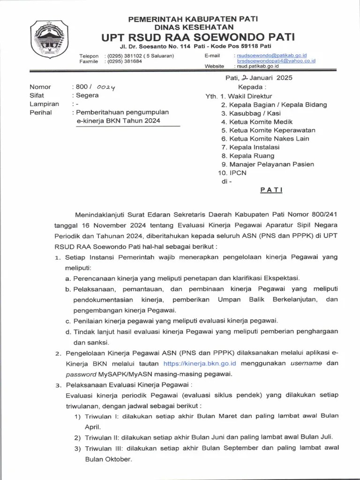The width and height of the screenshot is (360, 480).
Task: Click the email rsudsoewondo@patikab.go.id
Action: pyautogui.click(x=272, y=55)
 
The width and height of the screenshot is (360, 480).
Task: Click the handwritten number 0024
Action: pyautogui.click(x=106, y=87)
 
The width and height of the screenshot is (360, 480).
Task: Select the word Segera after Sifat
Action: pyautogui.click(x=88, y=95)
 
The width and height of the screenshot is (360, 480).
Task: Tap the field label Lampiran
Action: pyautogui.click(x=44, y=104)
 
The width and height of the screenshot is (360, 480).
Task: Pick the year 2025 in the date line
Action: pyautogui.click(x=284, y=78)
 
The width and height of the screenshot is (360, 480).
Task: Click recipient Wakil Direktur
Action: pyautogui.click(x=251, y=96)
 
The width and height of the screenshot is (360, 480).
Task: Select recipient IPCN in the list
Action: pyautogui.click(x=238, y=172)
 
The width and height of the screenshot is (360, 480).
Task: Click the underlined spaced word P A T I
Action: pyautogui.click(x=271, y=190)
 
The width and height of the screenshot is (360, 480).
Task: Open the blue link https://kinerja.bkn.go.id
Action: pyautogui.click(x=199, y=363)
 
